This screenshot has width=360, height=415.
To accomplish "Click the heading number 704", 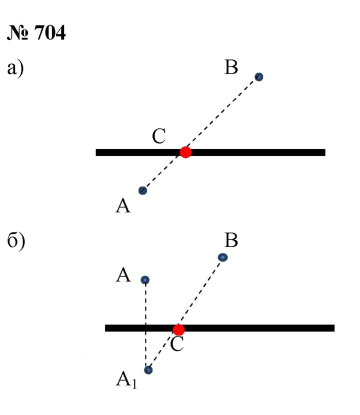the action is (x=50, y=32).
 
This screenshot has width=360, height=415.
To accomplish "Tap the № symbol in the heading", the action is (x=17, y=32).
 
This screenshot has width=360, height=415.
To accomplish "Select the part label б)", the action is (x=16, y=241).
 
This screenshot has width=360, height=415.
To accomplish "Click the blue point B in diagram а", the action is (x=259, y=77).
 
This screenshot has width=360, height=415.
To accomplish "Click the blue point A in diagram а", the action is (x=142, y=190).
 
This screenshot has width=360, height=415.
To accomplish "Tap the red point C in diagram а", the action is (x=185, y=152).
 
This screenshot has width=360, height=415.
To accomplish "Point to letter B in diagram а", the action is (x=231, y=67).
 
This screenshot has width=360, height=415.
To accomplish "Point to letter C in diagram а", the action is (x=159, y=136).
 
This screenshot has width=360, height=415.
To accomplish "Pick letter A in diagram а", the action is (x=123, y=206).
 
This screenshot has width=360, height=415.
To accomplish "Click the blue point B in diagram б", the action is (x=223, y=257).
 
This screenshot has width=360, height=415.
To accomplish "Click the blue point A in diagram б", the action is (x=145, y=280).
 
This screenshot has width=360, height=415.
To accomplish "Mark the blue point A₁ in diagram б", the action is (x=148, y=370).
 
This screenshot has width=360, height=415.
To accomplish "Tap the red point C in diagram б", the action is (x=178, y=330).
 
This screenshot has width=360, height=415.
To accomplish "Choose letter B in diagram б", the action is (x=231, y=240).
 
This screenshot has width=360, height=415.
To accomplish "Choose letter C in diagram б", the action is (x=177, y=344).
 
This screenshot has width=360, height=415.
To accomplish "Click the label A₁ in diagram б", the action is (x=126, y=380).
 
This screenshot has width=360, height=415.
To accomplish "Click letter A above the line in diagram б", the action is (x=123, y=275).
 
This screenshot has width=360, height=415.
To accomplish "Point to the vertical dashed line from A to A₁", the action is (x=145, y=324).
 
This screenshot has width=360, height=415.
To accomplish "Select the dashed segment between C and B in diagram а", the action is (x=222, y=114).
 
